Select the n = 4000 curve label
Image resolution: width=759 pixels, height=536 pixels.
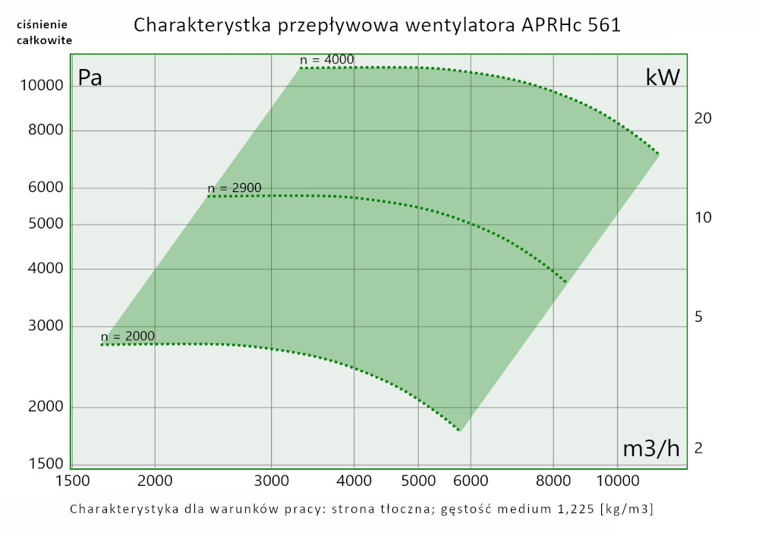point(327,60)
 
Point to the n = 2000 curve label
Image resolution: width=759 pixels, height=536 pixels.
point(128,336)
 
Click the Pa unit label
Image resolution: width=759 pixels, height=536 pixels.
point(90,77)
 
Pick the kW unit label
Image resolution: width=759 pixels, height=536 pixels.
point(663,77)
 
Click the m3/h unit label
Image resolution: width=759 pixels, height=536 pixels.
point(651,448)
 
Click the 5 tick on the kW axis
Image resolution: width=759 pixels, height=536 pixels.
point(698,317)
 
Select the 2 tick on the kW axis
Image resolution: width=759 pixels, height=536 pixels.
point(698,449)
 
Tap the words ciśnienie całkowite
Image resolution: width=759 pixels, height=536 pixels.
point(44,32)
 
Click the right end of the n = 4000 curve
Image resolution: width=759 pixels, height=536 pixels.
point(657,153)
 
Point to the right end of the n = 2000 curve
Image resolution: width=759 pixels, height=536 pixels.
point(458,430)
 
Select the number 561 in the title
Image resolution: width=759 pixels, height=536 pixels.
point(604,25)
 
